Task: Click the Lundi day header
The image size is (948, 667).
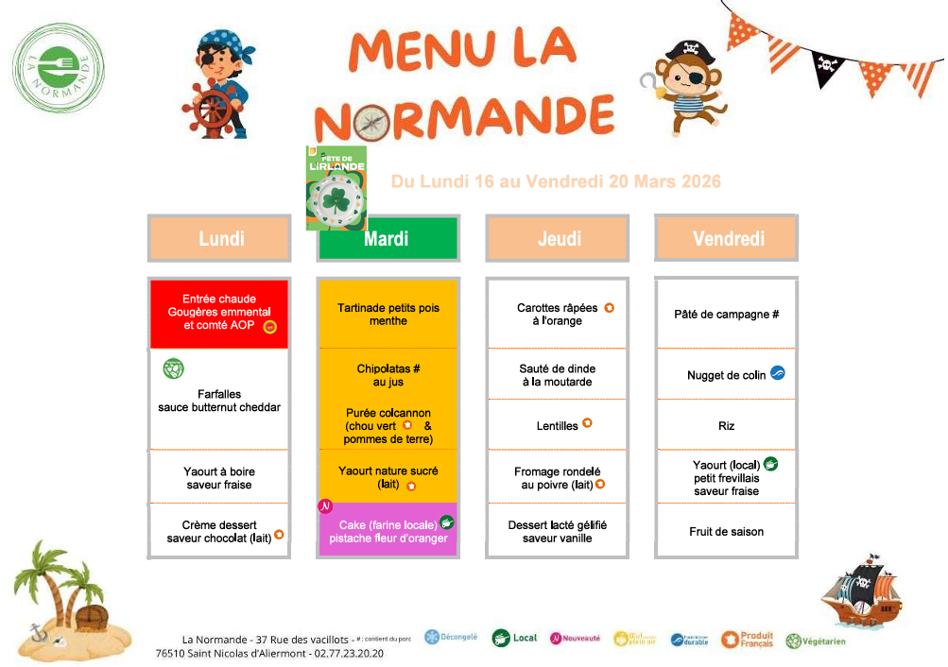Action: tap(220, 238)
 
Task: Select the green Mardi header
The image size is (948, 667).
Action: tap(387, 239)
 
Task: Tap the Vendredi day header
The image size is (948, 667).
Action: tap(727, 238)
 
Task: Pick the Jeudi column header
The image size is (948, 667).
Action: tap(559, 239)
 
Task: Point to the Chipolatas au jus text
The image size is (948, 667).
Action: tap(388, 375)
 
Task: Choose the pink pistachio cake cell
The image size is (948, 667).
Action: tap(388, 531)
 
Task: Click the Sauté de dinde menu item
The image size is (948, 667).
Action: tap(558, 375)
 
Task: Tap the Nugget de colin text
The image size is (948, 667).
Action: tap(727, 375)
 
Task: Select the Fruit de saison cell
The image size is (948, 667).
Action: tap(726, 532)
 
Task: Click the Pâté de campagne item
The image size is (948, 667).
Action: tap(726, 315)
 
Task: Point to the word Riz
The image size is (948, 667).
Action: tap(726, 426)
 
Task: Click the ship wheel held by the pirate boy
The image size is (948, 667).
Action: tap(207, 108)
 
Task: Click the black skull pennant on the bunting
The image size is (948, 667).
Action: tap(827, 67)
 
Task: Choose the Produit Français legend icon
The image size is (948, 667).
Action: tap(730, 640)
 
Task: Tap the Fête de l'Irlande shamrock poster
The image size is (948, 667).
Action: tap(336, 188)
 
